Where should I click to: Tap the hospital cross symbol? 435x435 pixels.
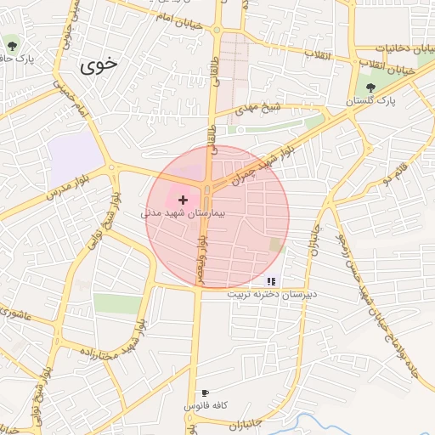coord(183,199)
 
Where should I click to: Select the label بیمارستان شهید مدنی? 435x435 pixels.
coord(183,214)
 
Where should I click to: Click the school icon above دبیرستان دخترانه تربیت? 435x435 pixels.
coord(271,280)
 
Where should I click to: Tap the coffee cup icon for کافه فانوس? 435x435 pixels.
coord(204,393)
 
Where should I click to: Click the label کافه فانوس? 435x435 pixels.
coord(204,407)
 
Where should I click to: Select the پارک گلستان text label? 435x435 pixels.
coord(370,101)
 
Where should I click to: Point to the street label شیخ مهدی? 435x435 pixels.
coord(258,109)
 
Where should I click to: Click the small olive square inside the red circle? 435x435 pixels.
coord(275,245)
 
